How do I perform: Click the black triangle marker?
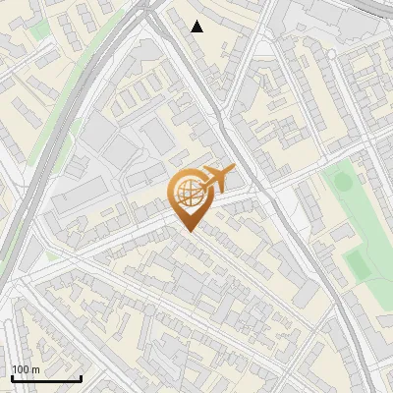point(197,27)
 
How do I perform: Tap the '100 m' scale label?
point(27,369)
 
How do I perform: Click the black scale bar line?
point(45,378)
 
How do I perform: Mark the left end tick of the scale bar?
point(11,376)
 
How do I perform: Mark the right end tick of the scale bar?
point(81,376)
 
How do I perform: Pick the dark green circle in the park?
point(343,181)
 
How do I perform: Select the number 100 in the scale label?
point(22,369)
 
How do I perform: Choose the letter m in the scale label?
point(36,369)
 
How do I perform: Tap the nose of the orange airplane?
point(234,170)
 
